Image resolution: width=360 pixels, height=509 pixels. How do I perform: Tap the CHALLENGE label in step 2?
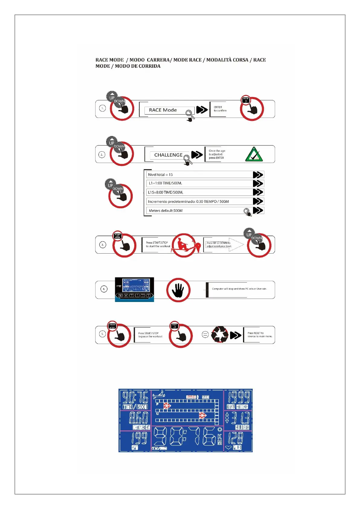[x=168, y=155]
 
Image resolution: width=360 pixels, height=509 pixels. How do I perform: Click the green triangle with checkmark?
[x=254, y=154]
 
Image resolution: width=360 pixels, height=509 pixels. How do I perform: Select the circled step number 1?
[x=102, y=108]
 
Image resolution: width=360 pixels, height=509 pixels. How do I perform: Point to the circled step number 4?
[x=104, y=289]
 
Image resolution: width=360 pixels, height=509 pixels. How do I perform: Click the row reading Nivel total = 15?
[x=199, y=175]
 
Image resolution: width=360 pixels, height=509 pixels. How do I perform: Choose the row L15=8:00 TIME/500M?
[x=199, y=192]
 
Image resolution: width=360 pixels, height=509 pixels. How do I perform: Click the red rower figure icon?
[x=183, y=245]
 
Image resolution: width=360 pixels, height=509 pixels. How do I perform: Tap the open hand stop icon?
[x=178, y=290]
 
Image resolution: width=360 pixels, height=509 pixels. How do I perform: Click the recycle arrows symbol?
[x=219, y=334]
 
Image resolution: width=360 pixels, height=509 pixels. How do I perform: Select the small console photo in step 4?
[x=135, y=289]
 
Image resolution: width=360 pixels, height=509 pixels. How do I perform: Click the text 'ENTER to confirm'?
[x=220, y=109]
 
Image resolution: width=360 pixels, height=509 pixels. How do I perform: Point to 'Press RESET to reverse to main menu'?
[x=260, y=335]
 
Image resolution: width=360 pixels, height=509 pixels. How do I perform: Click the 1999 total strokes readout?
[x=238, y=397]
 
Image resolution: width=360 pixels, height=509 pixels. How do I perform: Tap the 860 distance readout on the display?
[x=138, y=418]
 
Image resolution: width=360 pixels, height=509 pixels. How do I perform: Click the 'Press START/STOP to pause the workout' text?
[x=150, y=335]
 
